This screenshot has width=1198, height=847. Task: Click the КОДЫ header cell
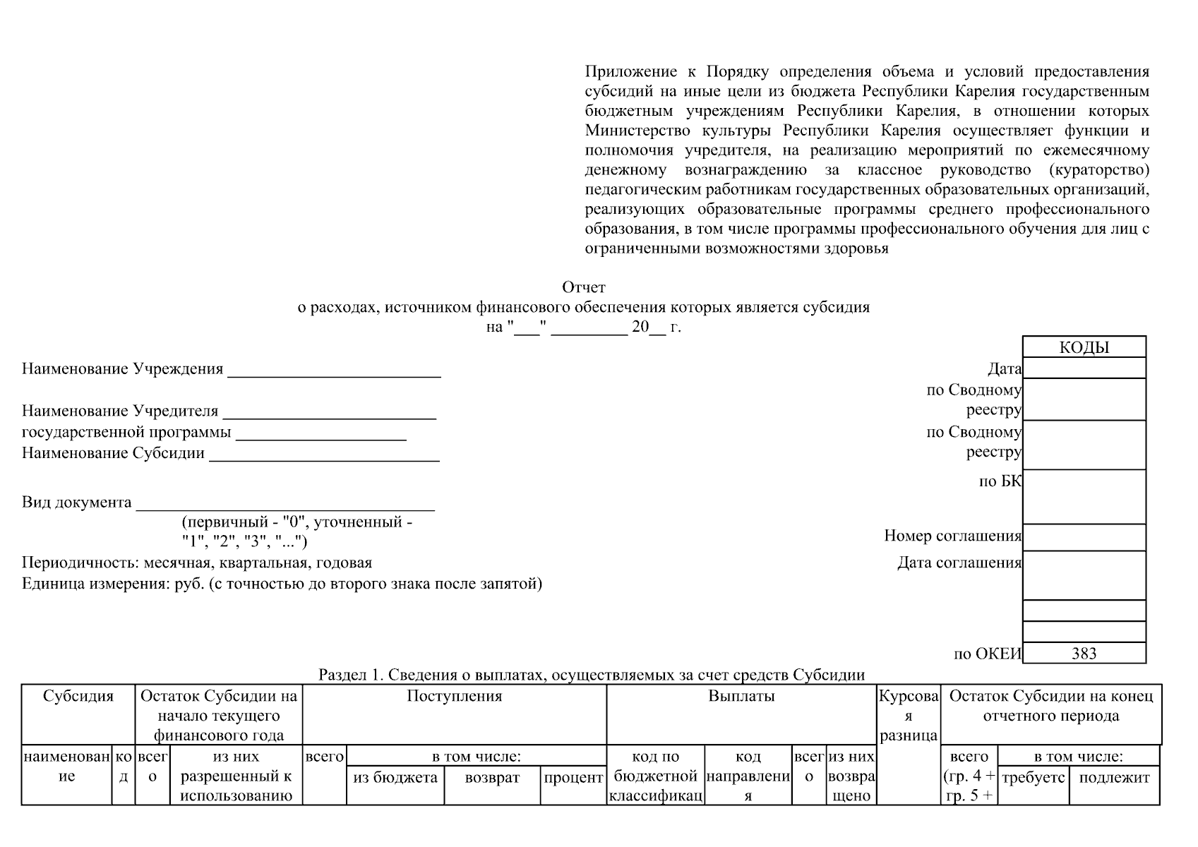(1084, 347)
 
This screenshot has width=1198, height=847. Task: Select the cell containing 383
(1084, 654)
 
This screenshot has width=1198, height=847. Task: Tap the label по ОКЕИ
(987, 654)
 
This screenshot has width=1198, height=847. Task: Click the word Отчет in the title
(583, 287)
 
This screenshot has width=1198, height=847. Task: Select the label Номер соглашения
(952, 536)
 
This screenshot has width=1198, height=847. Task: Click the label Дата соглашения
(959, 563)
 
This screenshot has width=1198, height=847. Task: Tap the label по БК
(1000, 482)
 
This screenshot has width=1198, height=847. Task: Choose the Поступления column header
(454, 697)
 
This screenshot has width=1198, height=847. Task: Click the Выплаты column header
(741, 697)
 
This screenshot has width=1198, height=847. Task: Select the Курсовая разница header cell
(908, 716)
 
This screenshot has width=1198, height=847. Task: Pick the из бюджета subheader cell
(395, 778)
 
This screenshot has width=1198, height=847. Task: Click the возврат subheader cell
(492, 778)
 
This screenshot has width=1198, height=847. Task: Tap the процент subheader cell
(573, 778)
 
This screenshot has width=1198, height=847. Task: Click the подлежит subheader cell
(1114, 778)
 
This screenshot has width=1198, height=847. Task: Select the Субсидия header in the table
(78, 697)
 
